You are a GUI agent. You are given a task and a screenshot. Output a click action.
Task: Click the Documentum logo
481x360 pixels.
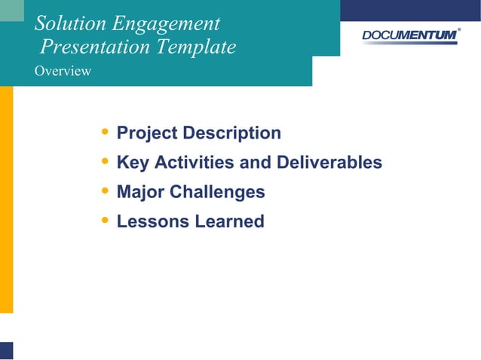[409, 35]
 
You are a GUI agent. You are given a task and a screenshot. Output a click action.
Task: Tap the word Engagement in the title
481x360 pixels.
[170, 23]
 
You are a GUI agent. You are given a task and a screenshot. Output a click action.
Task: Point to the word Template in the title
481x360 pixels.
[197, 47]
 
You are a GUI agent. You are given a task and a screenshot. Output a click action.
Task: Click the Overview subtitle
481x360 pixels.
[63, 72]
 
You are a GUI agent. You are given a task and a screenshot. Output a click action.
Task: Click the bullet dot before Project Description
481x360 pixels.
[104, 133]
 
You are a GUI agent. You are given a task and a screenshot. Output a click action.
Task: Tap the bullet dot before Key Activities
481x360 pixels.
[104, 162]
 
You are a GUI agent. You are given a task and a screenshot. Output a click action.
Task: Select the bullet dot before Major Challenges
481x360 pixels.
[104, 191]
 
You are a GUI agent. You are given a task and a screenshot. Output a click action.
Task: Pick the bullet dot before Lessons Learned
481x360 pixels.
[104, 221]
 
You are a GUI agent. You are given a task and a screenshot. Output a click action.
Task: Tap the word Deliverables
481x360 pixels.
[329, 163]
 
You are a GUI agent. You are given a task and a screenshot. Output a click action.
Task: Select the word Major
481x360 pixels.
[140, 192]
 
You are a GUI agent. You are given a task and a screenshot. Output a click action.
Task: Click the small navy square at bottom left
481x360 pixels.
[6, 350]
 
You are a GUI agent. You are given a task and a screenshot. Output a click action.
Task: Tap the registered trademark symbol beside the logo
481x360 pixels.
[460, 29]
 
